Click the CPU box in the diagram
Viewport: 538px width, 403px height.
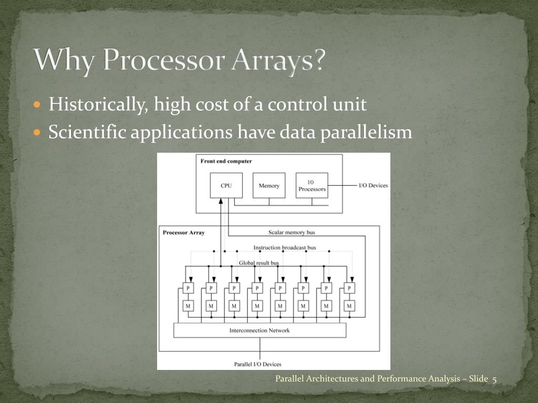click(x=226, y=186)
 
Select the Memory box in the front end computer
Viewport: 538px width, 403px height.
click(x=269, y=186)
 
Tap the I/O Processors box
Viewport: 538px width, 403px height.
click(x=312, y=186)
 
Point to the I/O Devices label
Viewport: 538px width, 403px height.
click(x=373, y=186)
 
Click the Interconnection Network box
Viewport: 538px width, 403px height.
click(x=260, y=331)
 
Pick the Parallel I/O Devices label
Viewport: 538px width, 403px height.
click(x=257, y=364)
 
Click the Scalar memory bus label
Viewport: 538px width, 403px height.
click(x=292, y=232)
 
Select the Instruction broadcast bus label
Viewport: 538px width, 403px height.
click(x=285, y=248)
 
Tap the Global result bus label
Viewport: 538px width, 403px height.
click(x=258, y=263)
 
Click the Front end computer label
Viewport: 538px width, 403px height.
click(x=226, y=161)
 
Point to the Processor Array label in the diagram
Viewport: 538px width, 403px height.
click(x=184, y=232)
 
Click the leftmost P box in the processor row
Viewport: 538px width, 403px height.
click(x=188, y=288)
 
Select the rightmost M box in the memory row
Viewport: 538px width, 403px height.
click(x=349, y=305)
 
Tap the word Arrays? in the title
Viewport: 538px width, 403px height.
click(x=281, y=61)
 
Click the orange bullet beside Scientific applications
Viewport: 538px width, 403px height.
click(x=37, y=132)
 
